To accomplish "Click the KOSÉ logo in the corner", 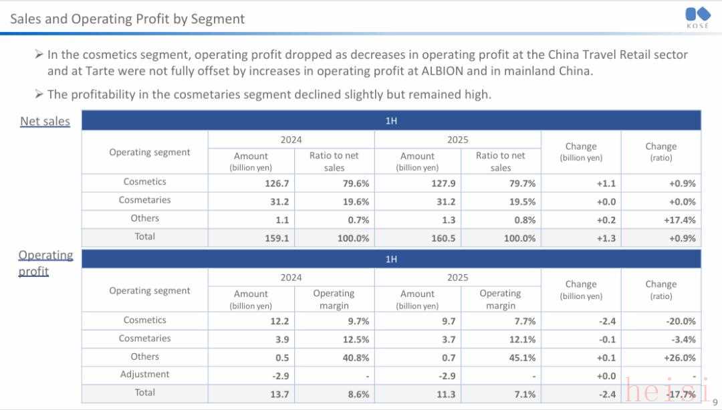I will coord(697,17).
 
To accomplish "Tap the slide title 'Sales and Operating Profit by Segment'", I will coord(127,19).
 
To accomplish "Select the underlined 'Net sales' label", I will coord(45,121).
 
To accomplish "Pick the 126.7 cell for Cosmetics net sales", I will coord(277,183).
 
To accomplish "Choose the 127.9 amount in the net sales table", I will coord(443,183).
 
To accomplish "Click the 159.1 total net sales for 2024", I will coord(277,238).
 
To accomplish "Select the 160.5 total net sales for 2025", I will coord(443,238).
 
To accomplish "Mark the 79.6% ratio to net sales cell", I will coord(354,183).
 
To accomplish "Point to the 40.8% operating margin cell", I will coord(354,358).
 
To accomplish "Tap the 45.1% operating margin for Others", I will coord(521,358).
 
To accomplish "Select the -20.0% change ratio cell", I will coord(681,322).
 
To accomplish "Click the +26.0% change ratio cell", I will coord(681,358).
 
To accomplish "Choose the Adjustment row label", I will coord(144,375).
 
